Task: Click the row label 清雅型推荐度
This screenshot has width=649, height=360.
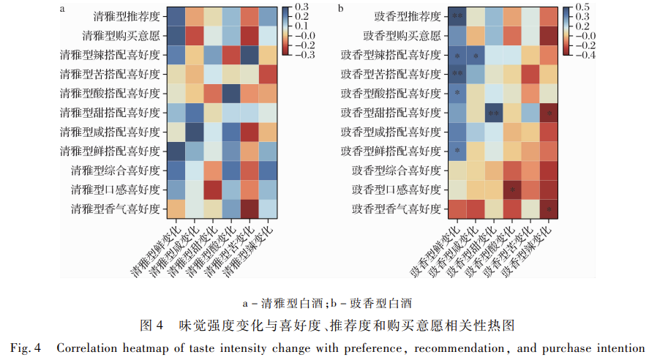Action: [x=127, y=17]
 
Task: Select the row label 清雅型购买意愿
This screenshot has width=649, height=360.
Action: [x=121, y=36]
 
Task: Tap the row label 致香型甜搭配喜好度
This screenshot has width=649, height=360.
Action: [x=391, y=113]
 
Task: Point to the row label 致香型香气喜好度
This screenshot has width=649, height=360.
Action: [x=397, y=209]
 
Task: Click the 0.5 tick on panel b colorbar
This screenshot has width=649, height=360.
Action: [x=582, y=7]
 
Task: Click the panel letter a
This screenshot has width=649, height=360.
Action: [x=62, y=9]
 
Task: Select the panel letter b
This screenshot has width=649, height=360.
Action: [x=341, y=8]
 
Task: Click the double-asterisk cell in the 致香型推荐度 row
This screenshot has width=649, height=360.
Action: [x=457, y=17]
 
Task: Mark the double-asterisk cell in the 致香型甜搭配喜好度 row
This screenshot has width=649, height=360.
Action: [x=494, y=113]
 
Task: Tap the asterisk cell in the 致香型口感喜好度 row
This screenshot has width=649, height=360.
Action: [x=512, y=190]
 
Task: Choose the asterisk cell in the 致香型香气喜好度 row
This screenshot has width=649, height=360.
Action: [x=549, y=209]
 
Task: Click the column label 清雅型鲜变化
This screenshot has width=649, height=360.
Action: [x=156, y=252]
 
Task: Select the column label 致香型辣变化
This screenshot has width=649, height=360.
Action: [x=527, y=252]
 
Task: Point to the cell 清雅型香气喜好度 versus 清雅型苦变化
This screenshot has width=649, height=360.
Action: [x=250, y=209]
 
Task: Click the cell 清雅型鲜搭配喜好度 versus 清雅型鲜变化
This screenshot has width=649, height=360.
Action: [x=176, y=151]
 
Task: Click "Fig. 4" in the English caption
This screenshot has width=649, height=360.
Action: [x=26, y=348]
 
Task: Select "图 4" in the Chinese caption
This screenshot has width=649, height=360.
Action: [x=151, y=326]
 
